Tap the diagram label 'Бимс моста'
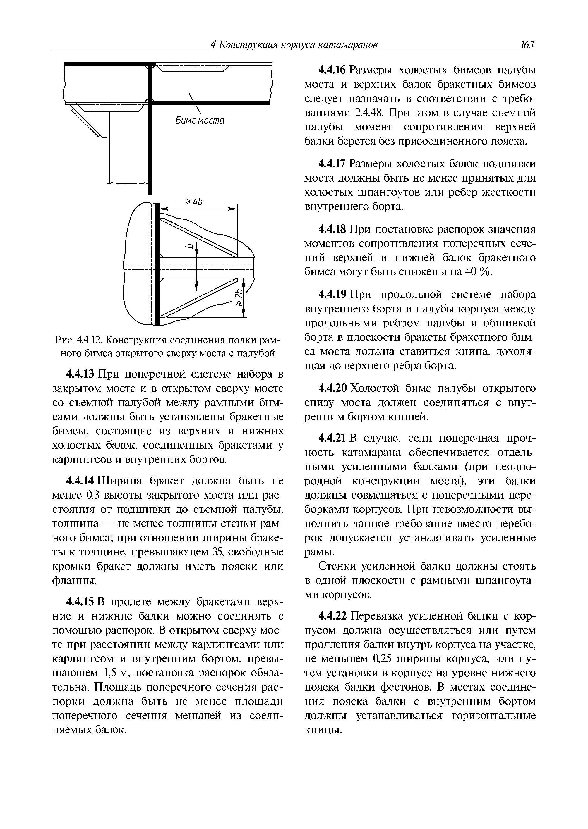200,121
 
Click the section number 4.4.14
80,481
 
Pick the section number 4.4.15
80,602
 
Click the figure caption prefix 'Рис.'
64,340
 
